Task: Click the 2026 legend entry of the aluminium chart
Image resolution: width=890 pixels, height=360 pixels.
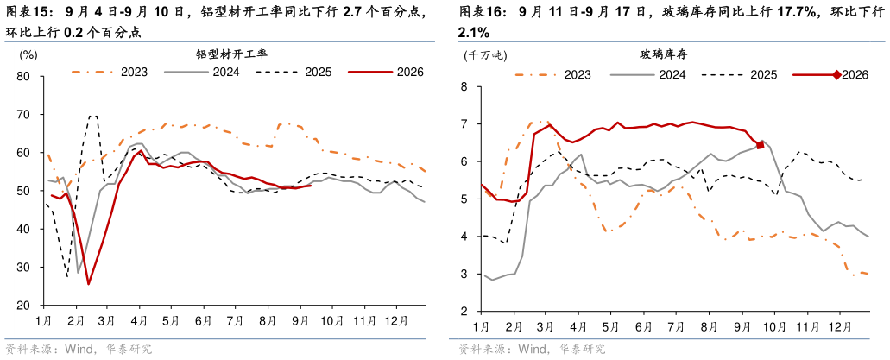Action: (x=386, y=73)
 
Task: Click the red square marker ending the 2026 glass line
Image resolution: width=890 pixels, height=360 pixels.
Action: (x=760, y=145)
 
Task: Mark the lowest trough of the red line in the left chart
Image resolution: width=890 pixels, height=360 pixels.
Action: (x=89, y=284)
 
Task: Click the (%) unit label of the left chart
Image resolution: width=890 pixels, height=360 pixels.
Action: (x=28, y=55)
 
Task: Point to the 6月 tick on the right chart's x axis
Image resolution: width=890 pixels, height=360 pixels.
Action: (x=643, y=327)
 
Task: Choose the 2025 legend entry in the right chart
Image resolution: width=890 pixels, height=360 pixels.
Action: (x=738, y=74)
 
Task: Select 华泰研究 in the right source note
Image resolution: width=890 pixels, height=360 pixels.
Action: (x=583, y=348)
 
